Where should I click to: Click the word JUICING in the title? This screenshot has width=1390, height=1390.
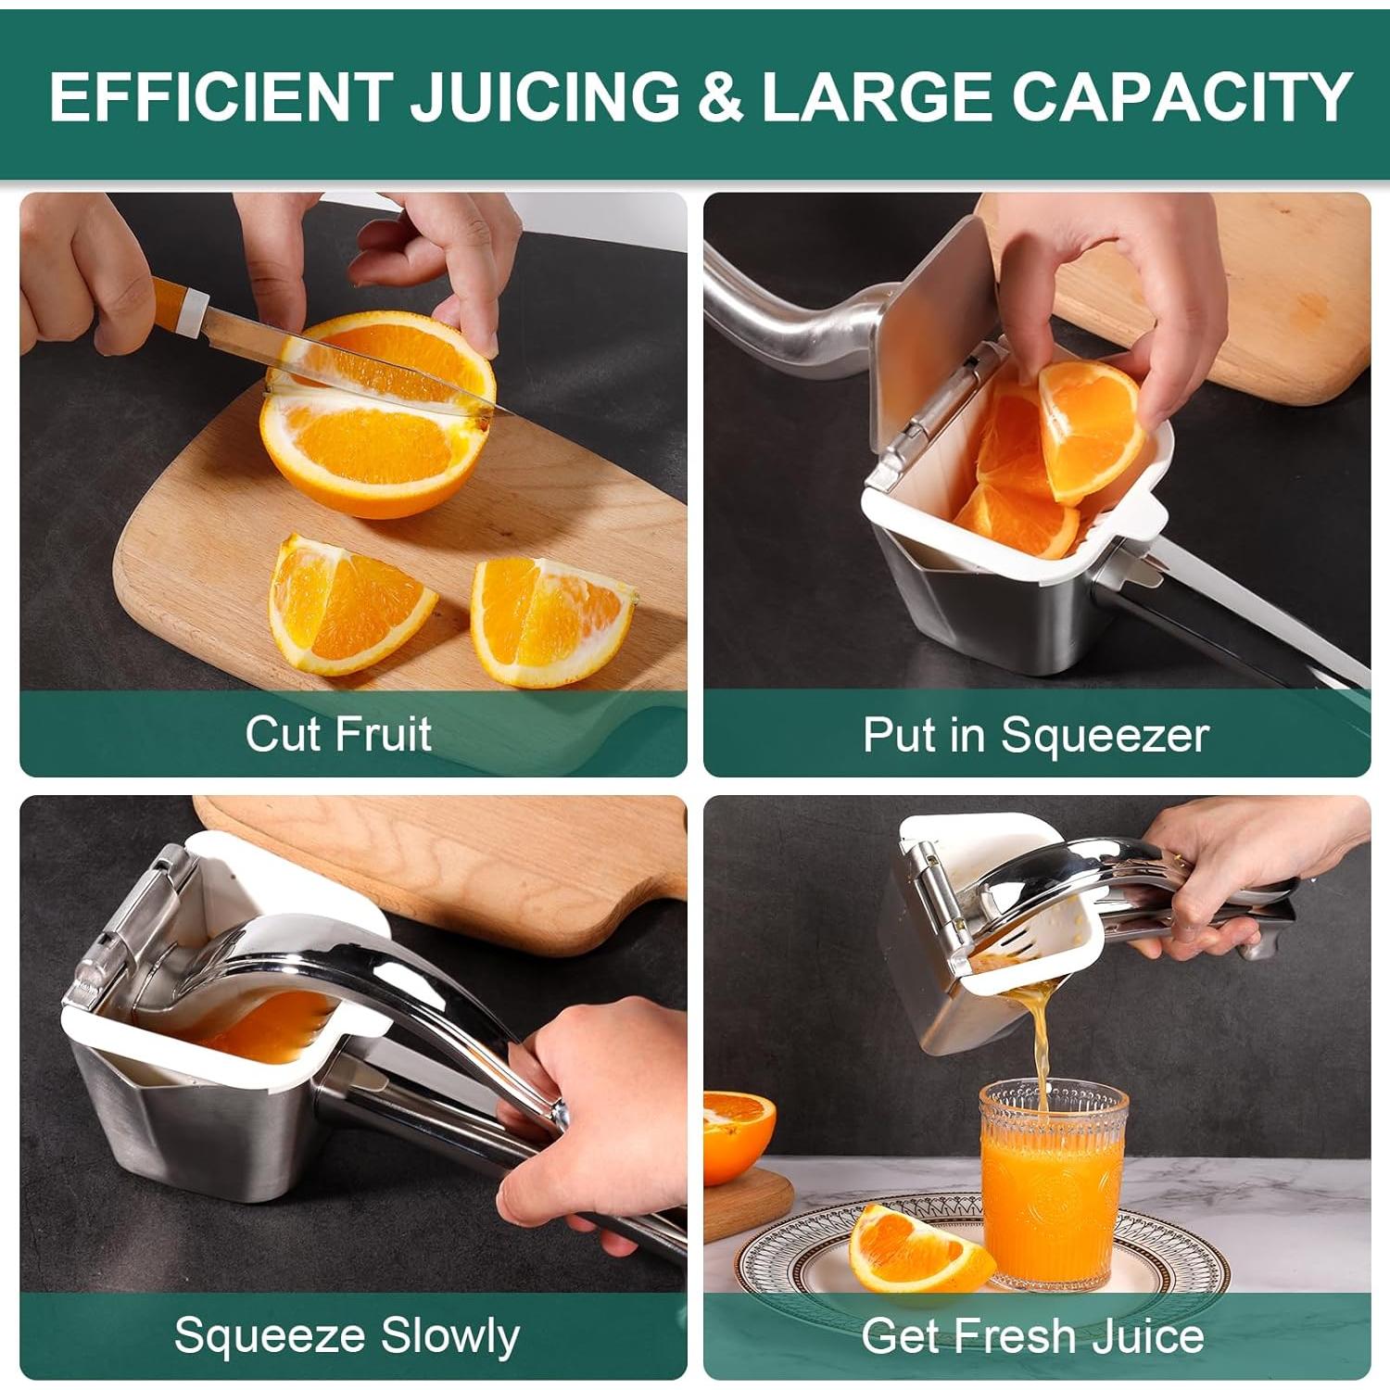(x=545, y=96)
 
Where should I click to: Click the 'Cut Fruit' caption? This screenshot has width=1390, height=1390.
(x=338, y=734)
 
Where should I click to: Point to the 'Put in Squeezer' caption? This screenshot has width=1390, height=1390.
(x=1035, y=735)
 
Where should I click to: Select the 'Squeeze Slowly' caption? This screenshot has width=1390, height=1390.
(x=347, y=1335)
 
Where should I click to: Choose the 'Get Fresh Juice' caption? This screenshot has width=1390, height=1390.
(x=1032, y=1335)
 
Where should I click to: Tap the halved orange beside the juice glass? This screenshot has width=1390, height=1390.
(x=738, y=1135)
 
